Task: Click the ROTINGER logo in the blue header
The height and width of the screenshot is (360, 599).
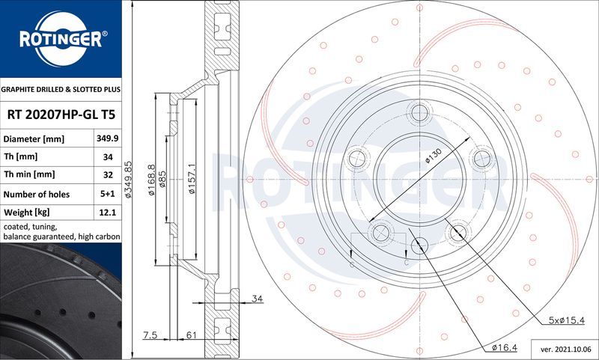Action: pos(60,39)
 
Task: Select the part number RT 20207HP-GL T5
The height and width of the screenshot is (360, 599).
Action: pos(60,115)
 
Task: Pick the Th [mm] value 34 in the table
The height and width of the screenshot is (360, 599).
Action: pos(107,156)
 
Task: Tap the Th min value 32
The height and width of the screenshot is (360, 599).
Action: pos(107,174)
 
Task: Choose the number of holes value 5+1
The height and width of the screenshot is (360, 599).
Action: pos(107,195)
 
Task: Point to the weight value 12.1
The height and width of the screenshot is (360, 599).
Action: pos(107,213)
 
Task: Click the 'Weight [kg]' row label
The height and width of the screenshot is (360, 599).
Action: pos(27,213)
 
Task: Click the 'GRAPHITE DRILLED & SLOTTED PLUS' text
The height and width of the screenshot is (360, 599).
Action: pos(60,89)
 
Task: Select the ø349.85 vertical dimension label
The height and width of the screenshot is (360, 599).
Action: pos(128,180)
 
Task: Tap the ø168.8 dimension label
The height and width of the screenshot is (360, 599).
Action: pos(151,180)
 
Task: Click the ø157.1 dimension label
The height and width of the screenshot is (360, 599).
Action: pos(192,180)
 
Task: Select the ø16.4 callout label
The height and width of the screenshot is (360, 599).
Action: pos(506,347)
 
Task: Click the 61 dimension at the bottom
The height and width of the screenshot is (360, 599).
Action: pos(191,335)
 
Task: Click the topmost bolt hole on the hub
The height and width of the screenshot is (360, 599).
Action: pos(419,113)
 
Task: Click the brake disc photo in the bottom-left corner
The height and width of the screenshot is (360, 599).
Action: pos(60,299)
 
